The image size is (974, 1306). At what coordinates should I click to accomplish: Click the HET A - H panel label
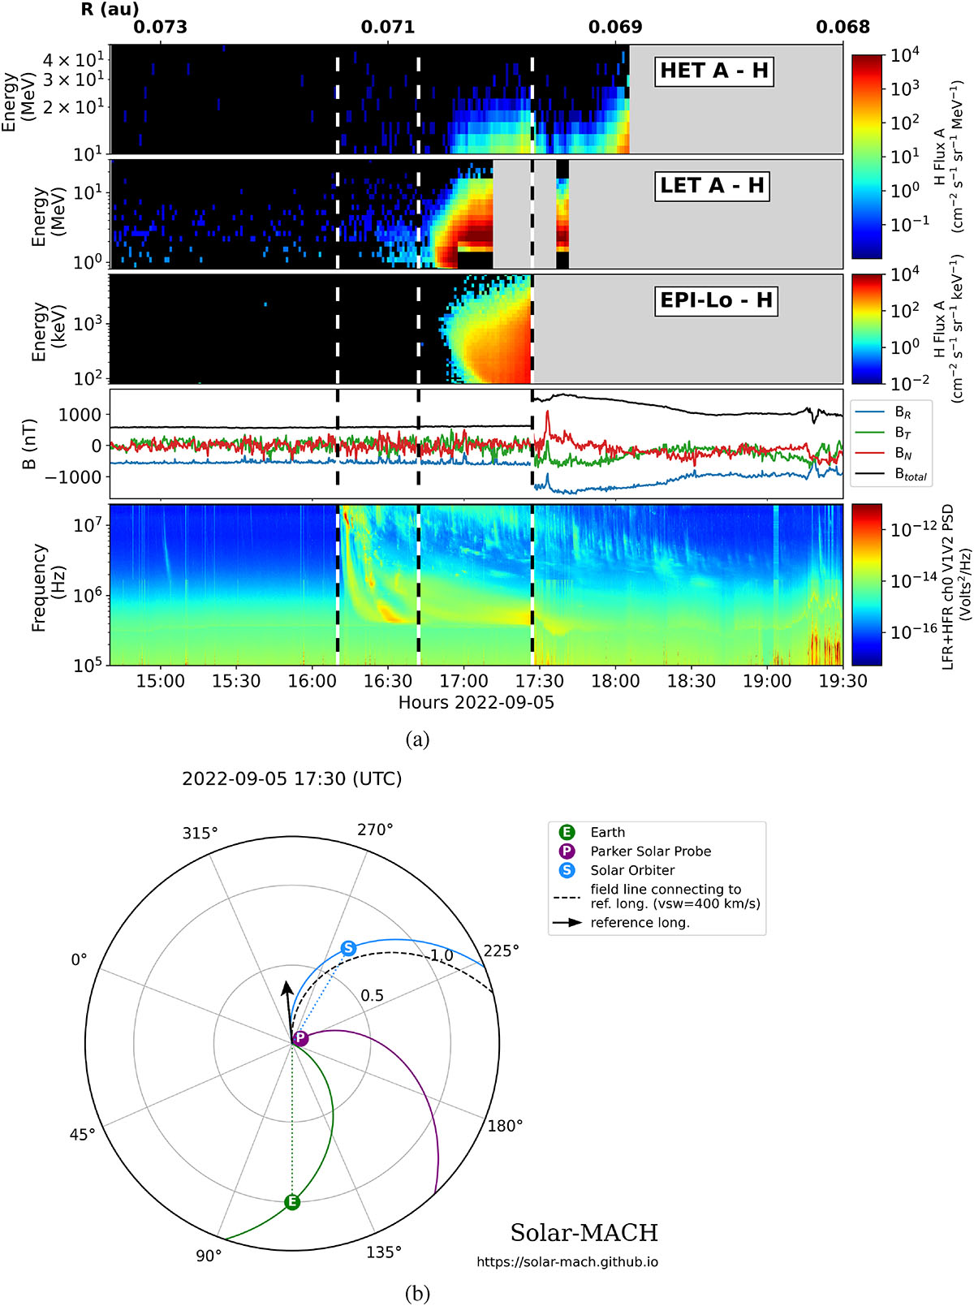pos(714,71)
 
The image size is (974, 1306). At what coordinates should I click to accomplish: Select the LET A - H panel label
pos(712,186)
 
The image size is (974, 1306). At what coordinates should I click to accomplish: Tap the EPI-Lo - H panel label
pos(717,300)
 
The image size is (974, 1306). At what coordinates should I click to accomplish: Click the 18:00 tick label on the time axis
pos(615,681)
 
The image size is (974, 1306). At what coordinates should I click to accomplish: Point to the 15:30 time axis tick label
pos(236,681)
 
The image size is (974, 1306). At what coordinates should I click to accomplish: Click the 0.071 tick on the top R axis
pos(388,27)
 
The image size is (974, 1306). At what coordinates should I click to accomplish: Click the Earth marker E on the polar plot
pos(292,1202)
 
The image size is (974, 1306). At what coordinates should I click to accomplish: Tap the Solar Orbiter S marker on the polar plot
pos(349,948)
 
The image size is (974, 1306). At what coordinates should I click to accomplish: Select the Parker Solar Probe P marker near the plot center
pos(300,1039)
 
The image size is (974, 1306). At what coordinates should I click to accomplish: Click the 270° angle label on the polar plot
pos(376,830)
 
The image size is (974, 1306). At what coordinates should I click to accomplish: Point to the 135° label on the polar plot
pos(384,1252)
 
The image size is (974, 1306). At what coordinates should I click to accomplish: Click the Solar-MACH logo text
pos(584,1232)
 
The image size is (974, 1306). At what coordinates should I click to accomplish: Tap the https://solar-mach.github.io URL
pos(567,1262)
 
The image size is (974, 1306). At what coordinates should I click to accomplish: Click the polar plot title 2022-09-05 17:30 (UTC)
pos(292,779)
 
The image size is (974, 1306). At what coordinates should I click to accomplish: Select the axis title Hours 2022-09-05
pos(476,703)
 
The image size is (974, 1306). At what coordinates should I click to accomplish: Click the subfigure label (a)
pos(417,739)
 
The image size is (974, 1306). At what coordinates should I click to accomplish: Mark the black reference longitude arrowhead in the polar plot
pos(287,989)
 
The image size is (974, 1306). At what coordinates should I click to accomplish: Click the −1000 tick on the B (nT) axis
pos(74,477)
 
